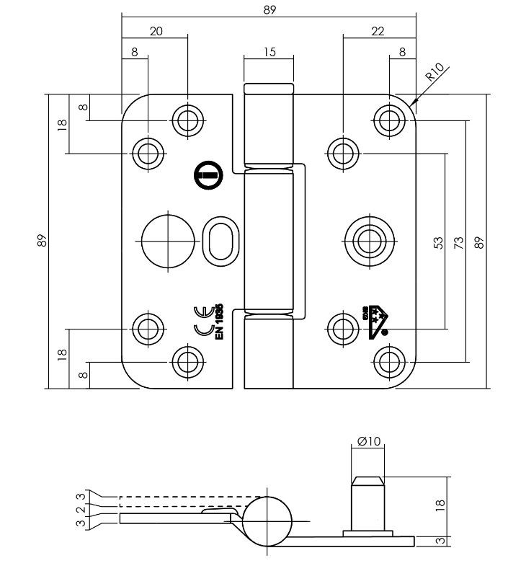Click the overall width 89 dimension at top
pyautogui.click(x=270, y=9)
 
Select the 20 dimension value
pyautogui.click(x=155, y=30)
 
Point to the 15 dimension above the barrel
pyautogui.click(x=269, y=51)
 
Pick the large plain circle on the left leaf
pyautogui.click(x=167, y=241)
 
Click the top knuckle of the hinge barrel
pyautogui.click(x=269, y=127)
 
